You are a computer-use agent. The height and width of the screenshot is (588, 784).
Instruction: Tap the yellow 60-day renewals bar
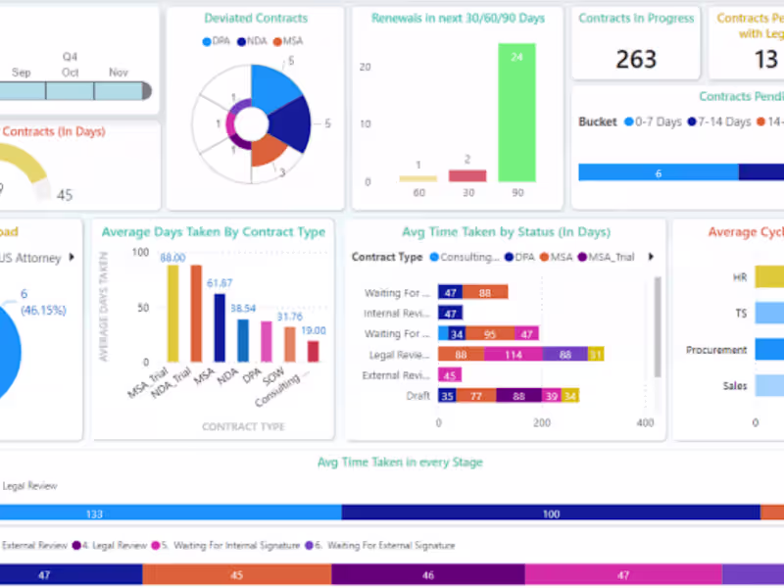[x=417, y=178]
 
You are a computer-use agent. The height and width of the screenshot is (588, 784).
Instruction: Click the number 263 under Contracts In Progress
[x=636, y=60]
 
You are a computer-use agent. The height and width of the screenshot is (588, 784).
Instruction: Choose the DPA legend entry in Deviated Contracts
[x=220, y=41]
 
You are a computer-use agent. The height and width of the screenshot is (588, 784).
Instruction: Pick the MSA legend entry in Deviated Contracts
[x=290, y=41]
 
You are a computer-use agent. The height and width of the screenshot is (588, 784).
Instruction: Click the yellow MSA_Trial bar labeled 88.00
[x=172, y=314]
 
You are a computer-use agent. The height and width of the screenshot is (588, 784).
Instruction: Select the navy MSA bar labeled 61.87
[x=220, y=328]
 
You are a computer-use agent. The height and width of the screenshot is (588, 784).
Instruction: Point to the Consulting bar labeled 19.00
[x=314, y=351]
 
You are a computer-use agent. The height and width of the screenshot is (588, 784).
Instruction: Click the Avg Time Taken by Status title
[x=506, y=232]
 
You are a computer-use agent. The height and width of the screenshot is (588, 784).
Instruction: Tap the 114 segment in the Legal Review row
[x=513, y=355]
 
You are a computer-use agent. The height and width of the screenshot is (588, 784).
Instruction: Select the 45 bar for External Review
[x=450, y=375]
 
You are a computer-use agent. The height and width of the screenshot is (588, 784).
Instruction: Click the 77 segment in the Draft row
[x=476, y=396]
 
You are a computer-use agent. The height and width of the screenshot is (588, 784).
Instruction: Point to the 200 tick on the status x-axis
[x=542, y=423]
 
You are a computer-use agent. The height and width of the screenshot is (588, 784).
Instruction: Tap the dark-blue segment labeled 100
[x=551, y=513]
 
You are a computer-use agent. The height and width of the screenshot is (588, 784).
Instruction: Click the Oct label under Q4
[x=70, y=73]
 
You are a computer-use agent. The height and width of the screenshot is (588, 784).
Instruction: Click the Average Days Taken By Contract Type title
[x=214, y=232]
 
